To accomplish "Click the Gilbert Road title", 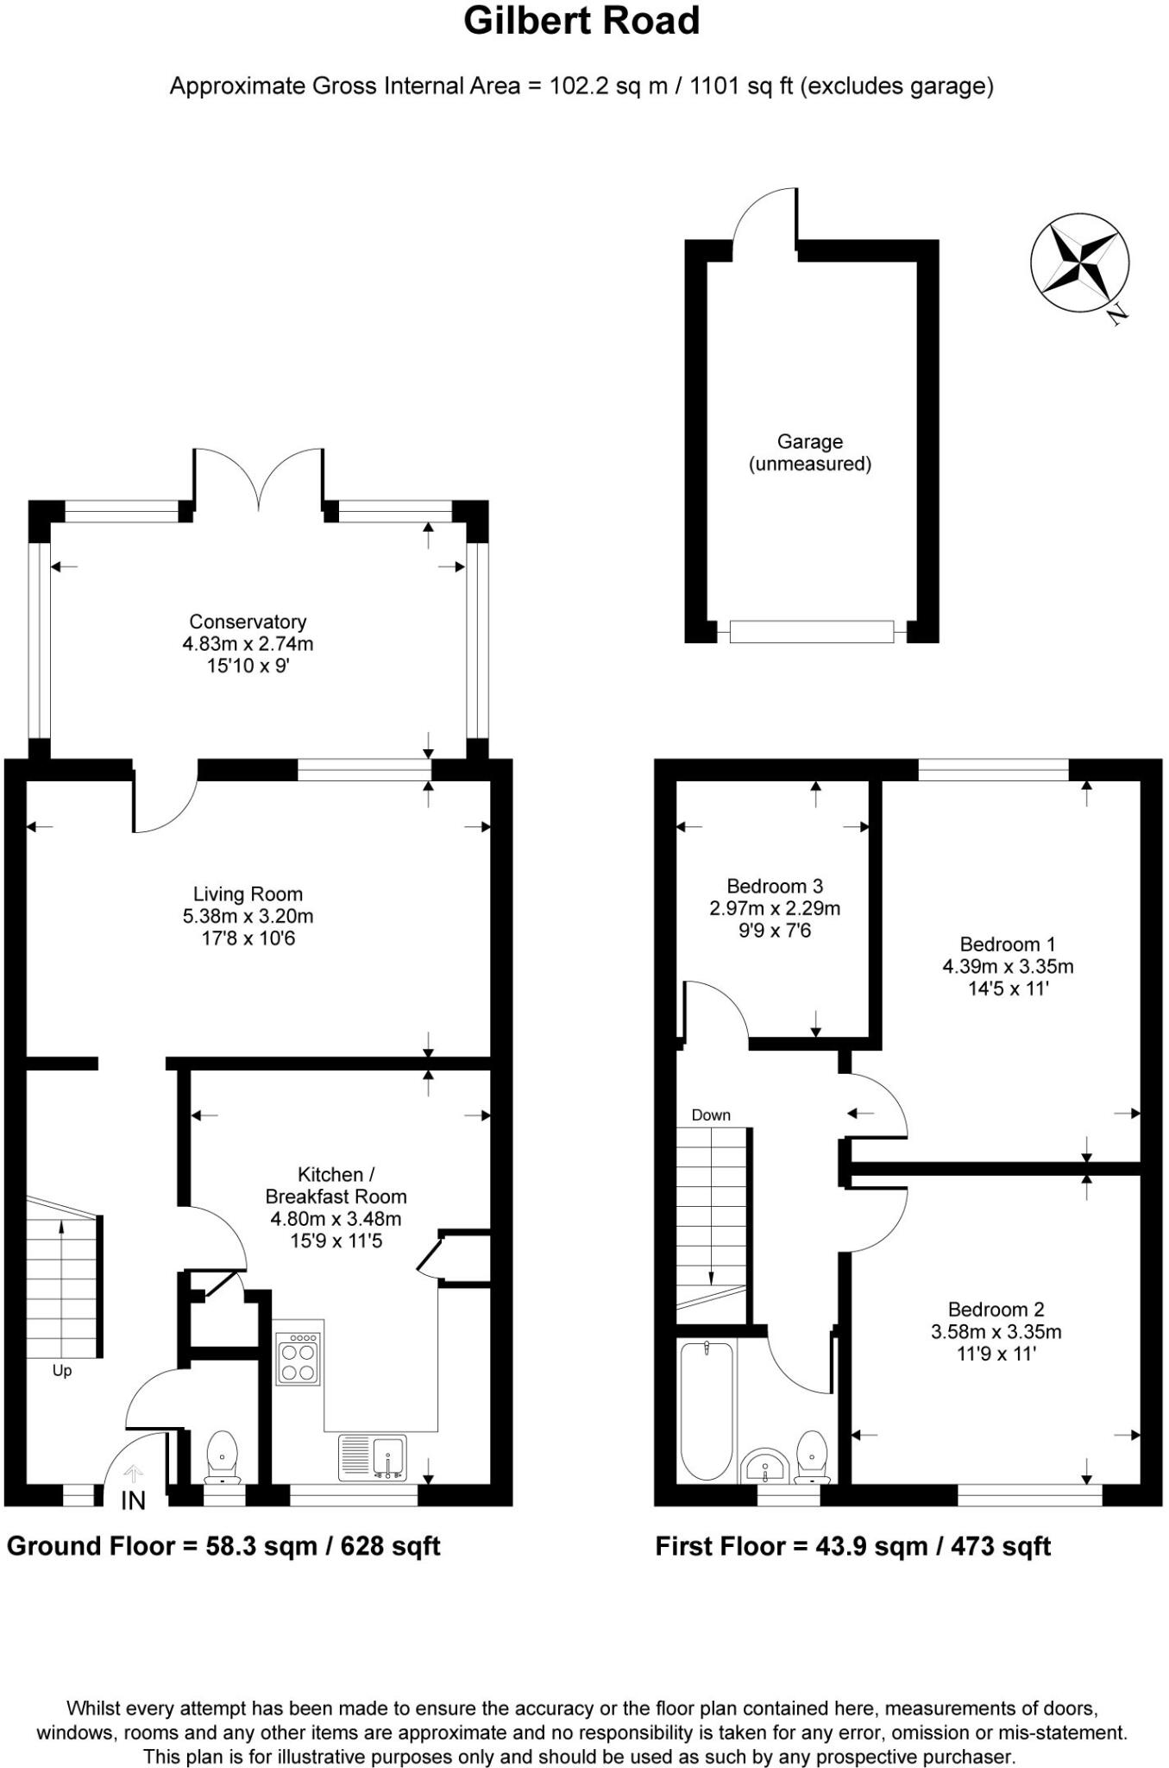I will coord(581,21).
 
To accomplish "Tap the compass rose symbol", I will coord(1079,261).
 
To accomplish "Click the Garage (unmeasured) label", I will coord(809,452).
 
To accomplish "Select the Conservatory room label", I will coord(248,622).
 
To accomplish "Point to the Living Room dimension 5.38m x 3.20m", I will coord(248,916).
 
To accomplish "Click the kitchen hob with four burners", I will coord(299,1360).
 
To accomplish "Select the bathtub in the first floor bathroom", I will coord(707,1411).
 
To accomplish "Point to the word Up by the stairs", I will coord(62,1371).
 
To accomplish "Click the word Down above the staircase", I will coord(711,1115).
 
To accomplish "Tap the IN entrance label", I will coord(133,1501).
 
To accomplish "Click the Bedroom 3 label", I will coord(775,886).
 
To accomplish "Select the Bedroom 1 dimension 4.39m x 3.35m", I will coord(1008,966).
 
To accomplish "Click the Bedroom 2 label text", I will coord(996,1309).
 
